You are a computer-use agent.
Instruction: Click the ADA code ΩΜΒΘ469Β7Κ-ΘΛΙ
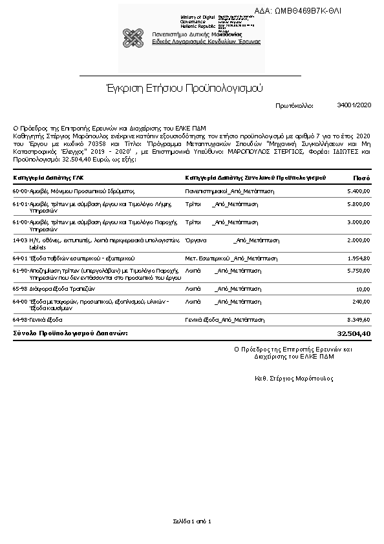click(x=307, y=11)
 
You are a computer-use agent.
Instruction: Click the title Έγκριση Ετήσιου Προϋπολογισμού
click(x=184, y=87)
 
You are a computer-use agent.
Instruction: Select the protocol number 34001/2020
click(x=354, y=104)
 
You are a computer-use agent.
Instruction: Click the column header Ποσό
click(x=361, y=177)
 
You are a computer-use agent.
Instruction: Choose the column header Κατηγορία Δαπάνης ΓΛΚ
click(x=48, y=177)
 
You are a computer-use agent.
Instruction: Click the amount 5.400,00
click(x=359, y=191)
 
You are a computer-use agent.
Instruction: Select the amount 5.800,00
click(x=359, y=204)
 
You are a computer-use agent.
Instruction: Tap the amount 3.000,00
click(x=359, y=222)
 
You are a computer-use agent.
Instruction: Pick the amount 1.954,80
click(x=359, y=258)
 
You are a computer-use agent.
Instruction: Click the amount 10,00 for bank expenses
click(x=363, y=289)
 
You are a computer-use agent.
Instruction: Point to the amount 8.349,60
click(x=359, y=319)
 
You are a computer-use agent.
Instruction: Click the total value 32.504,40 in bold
click(x=354, y=333)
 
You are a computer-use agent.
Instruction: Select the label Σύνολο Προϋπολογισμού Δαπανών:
click(x=70, y=333)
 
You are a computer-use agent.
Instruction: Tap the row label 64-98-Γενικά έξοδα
click(x=37, y=319)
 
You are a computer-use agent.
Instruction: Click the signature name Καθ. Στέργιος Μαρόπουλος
click(x=294, y=378)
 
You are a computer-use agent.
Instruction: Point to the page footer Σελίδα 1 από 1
click(x=192, y=521)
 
